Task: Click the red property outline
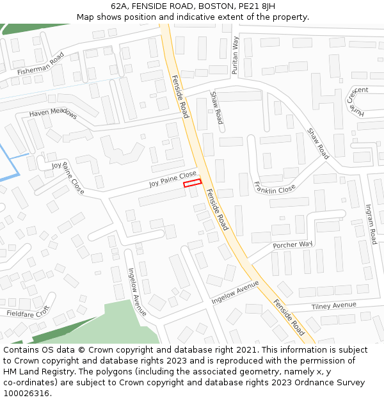pos(192,183)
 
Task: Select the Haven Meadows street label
pos(52,113)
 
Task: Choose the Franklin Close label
pos(275,188)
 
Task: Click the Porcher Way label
pos(292,244)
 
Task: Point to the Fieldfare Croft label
pos(28,313)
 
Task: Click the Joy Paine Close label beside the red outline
pos(173,179)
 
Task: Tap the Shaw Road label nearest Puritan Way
pos(216,108)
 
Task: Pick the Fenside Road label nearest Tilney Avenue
pos(289,317)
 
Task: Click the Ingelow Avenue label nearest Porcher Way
pos(235,291)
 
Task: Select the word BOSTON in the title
pos(216,6)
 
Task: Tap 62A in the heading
pos(118,6)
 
